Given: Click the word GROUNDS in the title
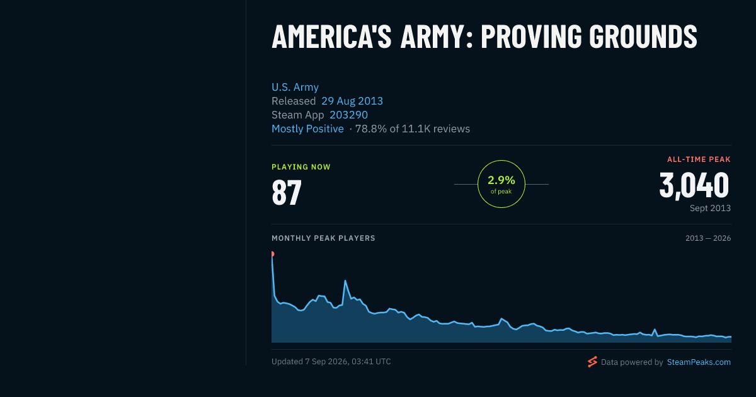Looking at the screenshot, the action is (x=643, y=36).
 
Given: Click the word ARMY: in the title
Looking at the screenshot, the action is (x=437, y=36).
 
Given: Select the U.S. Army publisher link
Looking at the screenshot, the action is (x=295, y=87).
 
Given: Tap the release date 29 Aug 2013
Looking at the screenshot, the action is (x=352, y=101).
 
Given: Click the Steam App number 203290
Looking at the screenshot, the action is (x=348, y=115).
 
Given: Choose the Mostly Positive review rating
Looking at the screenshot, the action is (x=307, y=129).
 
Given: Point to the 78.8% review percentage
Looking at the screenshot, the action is (x=371, y=129).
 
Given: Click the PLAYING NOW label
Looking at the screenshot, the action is (x=301, y=167).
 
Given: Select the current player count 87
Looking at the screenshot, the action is (x=287, y=192).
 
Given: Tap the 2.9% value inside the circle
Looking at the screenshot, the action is (x=501, y=180).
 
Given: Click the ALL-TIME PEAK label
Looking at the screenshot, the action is (x=699, y=159).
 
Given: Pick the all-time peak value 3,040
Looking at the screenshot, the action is (x=694, y=185).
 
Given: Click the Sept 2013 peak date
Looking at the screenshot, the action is (x=710, y=208).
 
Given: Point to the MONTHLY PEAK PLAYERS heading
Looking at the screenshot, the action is (x=323, y=238).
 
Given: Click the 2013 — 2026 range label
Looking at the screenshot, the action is (x=708, y=238).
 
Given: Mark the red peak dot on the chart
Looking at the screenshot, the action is (x=272, y=254).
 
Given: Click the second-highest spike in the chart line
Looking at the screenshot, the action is (x=345, y=280).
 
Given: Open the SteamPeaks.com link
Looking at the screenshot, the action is (x=699, y=362).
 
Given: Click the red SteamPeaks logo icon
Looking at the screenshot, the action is (x=592, y=362).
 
